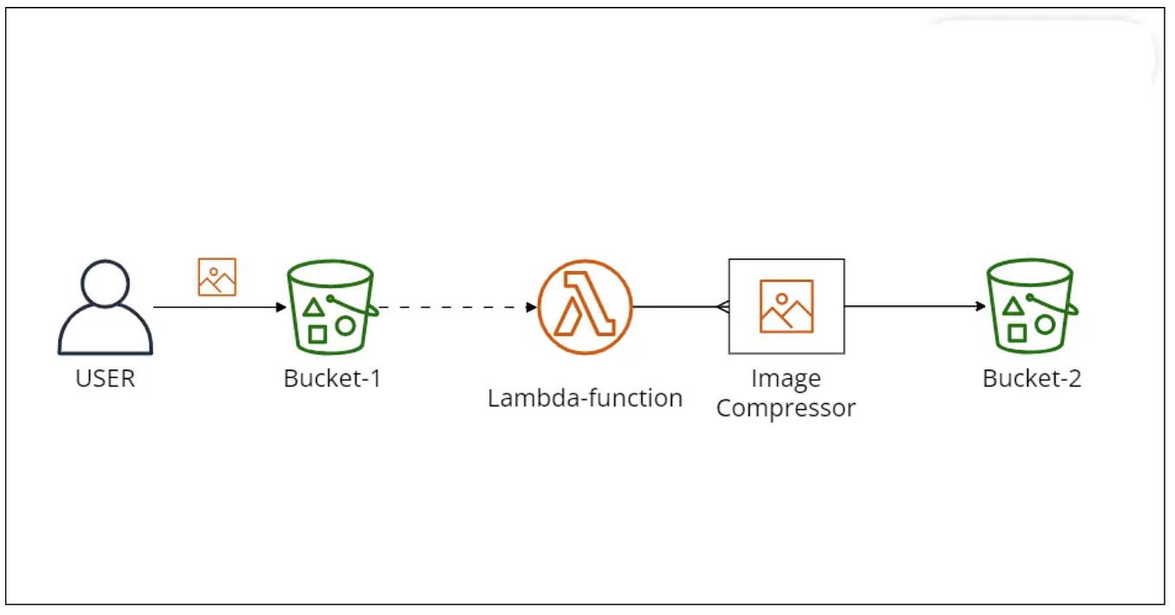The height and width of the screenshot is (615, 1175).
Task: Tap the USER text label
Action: pos(106,379)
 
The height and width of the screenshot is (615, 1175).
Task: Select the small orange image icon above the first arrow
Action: pos(216,277)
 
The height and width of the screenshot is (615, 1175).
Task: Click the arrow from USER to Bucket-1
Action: pos(216,307)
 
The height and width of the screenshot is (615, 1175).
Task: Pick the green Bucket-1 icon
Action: pos(331,307)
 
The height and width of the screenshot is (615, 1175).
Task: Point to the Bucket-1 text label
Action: pos(332,379)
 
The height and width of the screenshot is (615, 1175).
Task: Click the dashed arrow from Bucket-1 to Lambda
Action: pos(454,307)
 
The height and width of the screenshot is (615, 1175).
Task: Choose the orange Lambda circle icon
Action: pos(585,308)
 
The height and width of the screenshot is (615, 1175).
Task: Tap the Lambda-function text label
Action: pos(585,399)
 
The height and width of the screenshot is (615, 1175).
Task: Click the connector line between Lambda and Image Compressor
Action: pos(679,307)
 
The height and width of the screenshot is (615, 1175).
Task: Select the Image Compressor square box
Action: pos(786,306)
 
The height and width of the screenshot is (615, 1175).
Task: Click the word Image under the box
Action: pos(786,379)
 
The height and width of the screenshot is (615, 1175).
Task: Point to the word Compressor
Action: pos(786,408)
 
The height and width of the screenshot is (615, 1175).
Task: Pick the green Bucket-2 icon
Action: pos(1031,307)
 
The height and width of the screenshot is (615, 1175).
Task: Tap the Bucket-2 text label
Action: pos(1031,379)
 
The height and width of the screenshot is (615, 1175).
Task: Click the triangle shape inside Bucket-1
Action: pos(313,305)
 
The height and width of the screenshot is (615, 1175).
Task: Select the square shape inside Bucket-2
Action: pos(1018,332)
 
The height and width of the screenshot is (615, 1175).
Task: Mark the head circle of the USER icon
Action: pos(106,283)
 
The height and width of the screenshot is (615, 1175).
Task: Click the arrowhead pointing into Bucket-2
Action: pos(980,306)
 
